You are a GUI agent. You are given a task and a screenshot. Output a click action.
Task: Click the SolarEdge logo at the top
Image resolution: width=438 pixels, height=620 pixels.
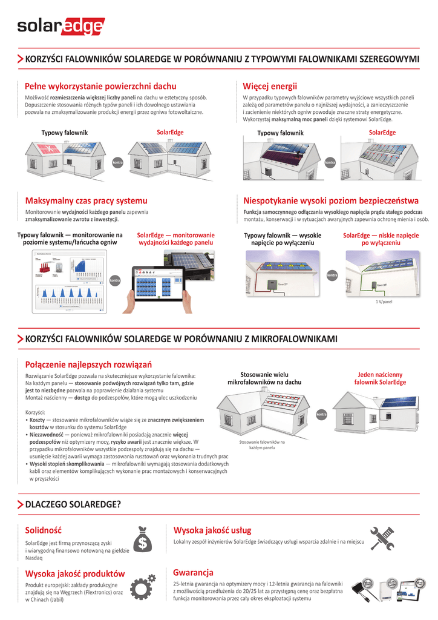point(60,27)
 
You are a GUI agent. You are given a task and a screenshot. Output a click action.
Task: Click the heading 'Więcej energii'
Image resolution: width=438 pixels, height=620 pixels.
point(270,86)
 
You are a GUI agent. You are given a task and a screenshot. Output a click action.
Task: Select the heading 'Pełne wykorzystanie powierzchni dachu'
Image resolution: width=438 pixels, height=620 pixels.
point(100,86)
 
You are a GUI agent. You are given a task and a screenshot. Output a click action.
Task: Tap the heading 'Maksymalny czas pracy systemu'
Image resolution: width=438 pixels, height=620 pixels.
point(86,200)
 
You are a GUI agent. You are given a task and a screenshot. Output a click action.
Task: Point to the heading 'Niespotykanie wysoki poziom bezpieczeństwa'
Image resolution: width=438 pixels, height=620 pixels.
point(330,200)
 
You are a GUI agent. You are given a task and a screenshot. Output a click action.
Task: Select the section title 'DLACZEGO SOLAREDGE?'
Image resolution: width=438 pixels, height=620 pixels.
point(73,504)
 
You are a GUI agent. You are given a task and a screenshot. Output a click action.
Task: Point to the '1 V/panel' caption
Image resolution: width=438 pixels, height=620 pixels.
point(384,301)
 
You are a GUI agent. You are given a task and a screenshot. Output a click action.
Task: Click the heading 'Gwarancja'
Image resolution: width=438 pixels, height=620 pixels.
point(193,572)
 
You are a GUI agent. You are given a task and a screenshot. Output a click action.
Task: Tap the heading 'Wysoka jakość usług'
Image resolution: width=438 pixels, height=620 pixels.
point(212,530)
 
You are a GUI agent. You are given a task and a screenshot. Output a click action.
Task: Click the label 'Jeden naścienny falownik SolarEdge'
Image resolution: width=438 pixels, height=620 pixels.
point(380,378)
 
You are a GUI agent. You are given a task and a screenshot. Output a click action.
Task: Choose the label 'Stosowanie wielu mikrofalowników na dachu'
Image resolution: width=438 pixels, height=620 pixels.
point(264,378)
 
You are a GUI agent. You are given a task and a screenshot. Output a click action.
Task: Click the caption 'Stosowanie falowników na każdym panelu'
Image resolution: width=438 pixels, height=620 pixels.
point(262,445)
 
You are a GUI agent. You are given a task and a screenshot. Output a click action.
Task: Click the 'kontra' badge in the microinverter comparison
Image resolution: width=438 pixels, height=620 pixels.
point(322,415)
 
